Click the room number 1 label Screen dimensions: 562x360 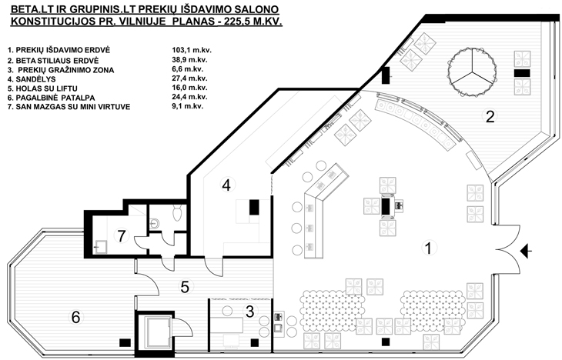pyautogui.click(x=428, y=248)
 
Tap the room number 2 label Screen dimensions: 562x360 pyautogui.click(x=490, y=116)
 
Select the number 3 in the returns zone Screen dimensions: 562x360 pyautogui.click(x=249, y=312)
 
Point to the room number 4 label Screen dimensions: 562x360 pyautogui.click(x=226, y=185)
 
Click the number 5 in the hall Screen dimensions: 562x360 pyautogui.click(x=185, y=287)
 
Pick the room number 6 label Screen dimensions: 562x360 pyautogui.click(x=75, y=317)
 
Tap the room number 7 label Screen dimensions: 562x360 pyautogui.click(x=122, y=236)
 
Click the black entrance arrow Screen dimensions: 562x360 pyautogui.click(x=526, y=251)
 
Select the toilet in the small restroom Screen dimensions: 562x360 pyautogui.click(x=177, y=212)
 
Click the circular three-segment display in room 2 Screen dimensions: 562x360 pyautogui.click(x=472, y=72)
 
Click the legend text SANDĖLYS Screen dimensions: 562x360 pyautogui.click(x=35, y=79)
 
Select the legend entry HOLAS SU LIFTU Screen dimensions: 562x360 pyautogui.click(x=47, y=88)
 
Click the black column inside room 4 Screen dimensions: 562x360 pyautogui.click(x=254, y=207)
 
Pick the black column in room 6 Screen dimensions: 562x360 pyautogui.click(x=125, y=342)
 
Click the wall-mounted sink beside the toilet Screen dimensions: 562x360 pyautogui.click(x=154, y=224)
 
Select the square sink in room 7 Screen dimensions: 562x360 pyautogui.click(x=100, y=247)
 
